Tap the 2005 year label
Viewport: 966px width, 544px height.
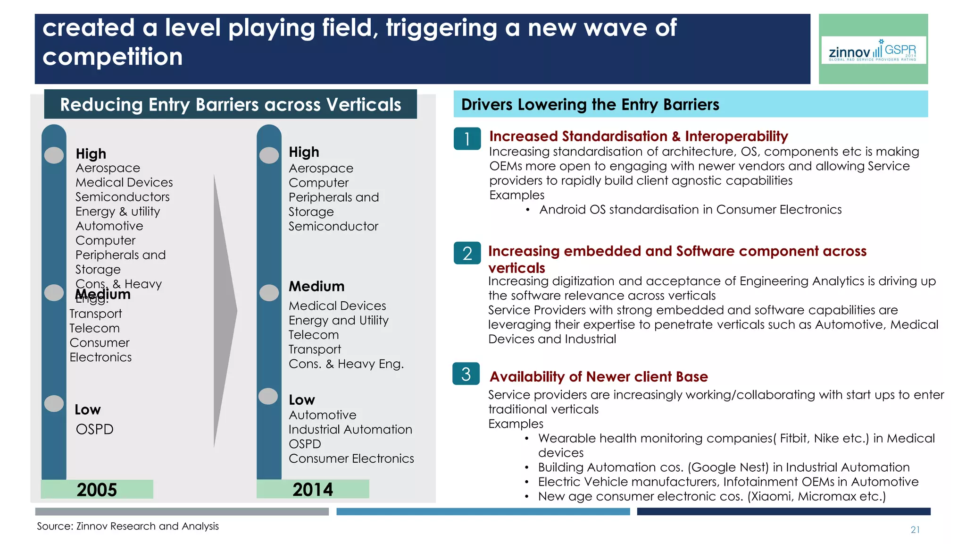tap(97, 490)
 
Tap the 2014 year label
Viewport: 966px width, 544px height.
tap(312, 489)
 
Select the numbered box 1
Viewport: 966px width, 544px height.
tap(467, 139)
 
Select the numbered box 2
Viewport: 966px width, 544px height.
tap(467, 253)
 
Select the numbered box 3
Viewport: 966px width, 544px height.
tap(466, 374)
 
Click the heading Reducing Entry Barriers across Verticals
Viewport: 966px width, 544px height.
tap(230, 104)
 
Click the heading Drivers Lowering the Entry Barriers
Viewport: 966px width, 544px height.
tap(590, 104)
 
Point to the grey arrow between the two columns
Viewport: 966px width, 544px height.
tap(225, 310)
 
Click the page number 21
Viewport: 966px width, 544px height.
tap(915, 530)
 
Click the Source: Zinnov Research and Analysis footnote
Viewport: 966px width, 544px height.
tap(128, 526)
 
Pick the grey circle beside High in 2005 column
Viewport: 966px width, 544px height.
tap(54, 155)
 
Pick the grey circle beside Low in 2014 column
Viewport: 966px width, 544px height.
tap(268, 396)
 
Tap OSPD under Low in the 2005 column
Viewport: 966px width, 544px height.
tap(94, 429)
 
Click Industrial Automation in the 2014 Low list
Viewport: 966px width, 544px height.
tap(350, 430)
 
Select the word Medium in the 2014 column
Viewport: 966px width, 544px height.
tap(316, 286)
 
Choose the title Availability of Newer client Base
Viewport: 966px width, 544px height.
tap(598, 377)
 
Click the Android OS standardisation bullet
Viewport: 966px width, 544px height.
tap(690, 210)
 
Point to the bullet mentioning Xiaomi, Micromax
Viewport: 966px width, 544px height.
tap(711, 496)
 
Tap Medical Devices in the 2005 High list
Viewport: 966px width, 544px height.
tap(124, 182)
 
